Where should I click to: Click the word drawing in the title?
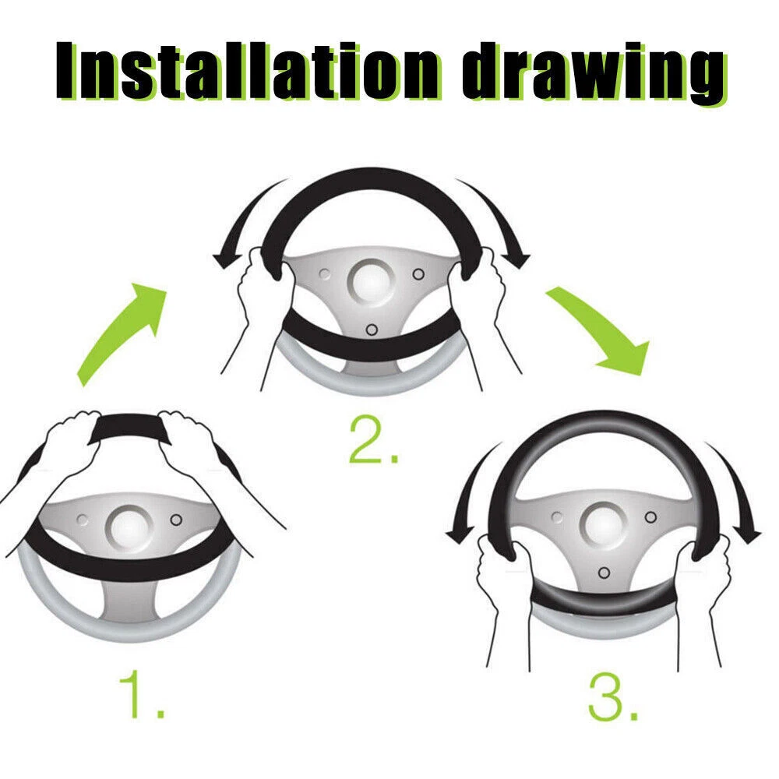point(594,72)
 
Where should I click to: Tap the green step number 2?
point(374,440)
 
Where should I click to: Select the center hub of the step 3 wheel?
point(603,525)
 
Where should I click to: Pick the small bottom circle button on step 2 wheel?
point(372,330)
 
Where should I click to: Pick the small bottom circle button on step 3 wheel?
point(605,573)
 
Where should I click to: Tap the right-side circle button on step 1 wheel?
point(176,520)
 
